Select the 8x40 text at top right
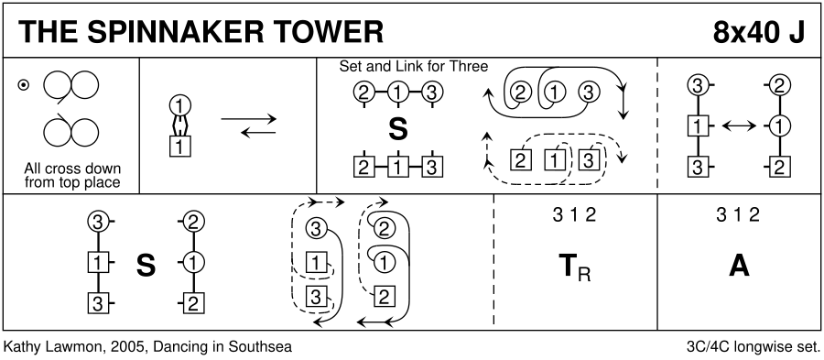click(x=744, y=33)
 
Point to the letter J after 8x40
click(x=797, y=33)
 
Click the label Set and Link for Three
click(x=414, y=66)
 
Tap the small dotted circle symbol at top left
click(x=23, y=84)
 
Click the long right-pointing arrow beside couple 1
click(x=248, y=119)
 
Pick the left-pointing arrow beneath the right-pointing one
click(x=258, y=133)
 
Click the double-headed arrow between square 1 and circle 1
click(x=739, y=125)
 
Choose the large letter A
click(x=738, y=266)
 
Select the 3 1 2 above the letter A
click(x=738, y=214)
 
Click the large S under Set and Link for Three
click(x=398, y=130)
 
